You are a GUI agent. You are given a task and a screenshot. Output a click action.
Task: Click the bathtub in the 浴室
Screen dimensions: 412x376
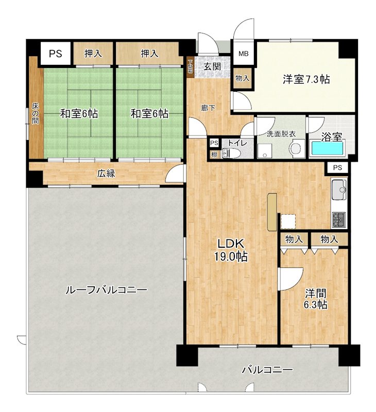[x=328, y=149]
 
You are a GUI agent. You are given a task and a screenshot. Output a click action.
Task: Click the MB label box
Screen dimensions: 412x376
[x=242, y=54]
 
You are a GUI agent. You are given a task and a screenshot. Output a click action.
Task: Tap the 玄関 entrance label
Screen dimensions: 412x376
[x=212, y=66]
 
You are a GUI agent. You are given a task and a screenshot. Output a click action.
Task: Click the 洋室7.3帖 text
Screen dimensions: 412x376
[x=306, y=79]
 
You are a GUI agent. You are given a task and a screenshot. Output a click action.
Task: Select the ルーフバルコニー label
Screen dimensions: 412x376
[x=106, y=290]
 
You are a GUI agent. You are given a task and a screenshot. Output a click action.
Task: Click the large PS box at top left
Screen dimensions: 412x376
[x=56, y=53]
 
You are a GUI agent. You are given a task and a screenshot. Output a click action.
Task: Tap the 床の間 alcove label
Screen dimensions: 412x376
[x=35, y=114]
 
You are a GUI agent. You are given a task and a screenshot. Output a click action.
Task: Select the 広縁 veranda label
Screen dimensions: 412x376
[x=106, y=174]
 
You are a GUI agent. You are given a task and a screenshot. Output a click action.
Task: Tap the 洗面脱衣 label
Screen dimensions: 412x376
[x=281, y=134]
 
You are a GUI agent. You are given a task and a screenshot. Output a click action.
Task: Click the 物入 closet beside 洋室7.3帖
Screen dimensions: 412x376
[x=242, y=78]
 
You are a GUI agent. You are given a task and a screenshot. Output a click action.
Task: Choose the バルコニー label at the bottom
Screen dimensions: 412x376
[x=267, y=370]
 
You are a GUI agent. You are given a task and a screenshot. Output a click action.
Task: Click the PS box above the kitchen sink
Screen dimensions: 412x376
[x=337, y=167]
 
